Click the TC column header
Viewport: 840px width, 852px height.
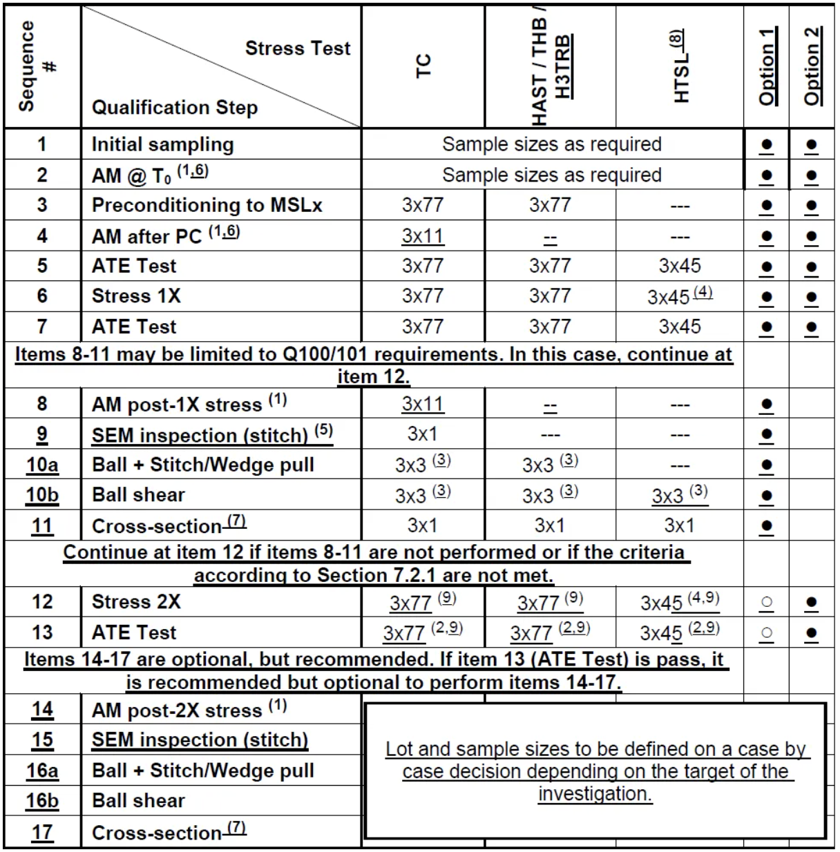point(423,66)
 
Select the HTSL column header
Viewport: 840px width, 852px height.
point(680,67)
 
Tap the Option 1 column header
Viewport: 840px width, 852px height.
point(767,66)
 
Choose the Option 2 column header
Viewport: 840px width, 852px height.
point(812,66)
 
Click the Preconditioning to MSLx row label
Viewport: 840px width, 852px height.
point(207,205)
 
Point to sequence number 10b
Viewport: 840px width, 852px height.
point(42,495)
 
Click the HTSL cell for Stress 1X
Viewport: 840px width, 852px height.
point(680,296)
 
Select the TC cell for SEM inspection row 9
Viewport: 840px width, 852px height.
point(423,434)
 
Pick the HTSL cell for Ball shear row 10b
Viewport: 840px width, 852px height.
point(680,495)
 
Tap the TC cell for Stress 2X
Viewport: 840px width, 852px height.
point(423,602)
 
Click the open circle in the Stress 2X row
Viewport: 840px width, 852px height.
point(767,603)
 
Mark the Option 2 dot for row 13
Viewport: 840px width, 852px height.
point(812,633)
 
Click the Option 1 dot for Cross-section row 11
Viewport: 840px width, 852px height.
point(767,526)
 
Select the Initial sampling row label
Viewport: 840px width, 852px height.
point(163,144)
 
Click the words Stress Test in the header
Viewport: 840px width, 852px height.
point(298,48)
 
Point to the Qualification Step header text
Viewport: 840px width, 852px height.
point(175,108)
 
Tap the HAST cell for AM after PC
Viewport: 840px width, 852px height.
point(550,237)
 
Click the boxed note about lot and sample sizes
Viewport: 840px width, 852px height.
point(595,771)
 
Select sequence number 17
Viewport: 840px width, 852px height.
point(42,833)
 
